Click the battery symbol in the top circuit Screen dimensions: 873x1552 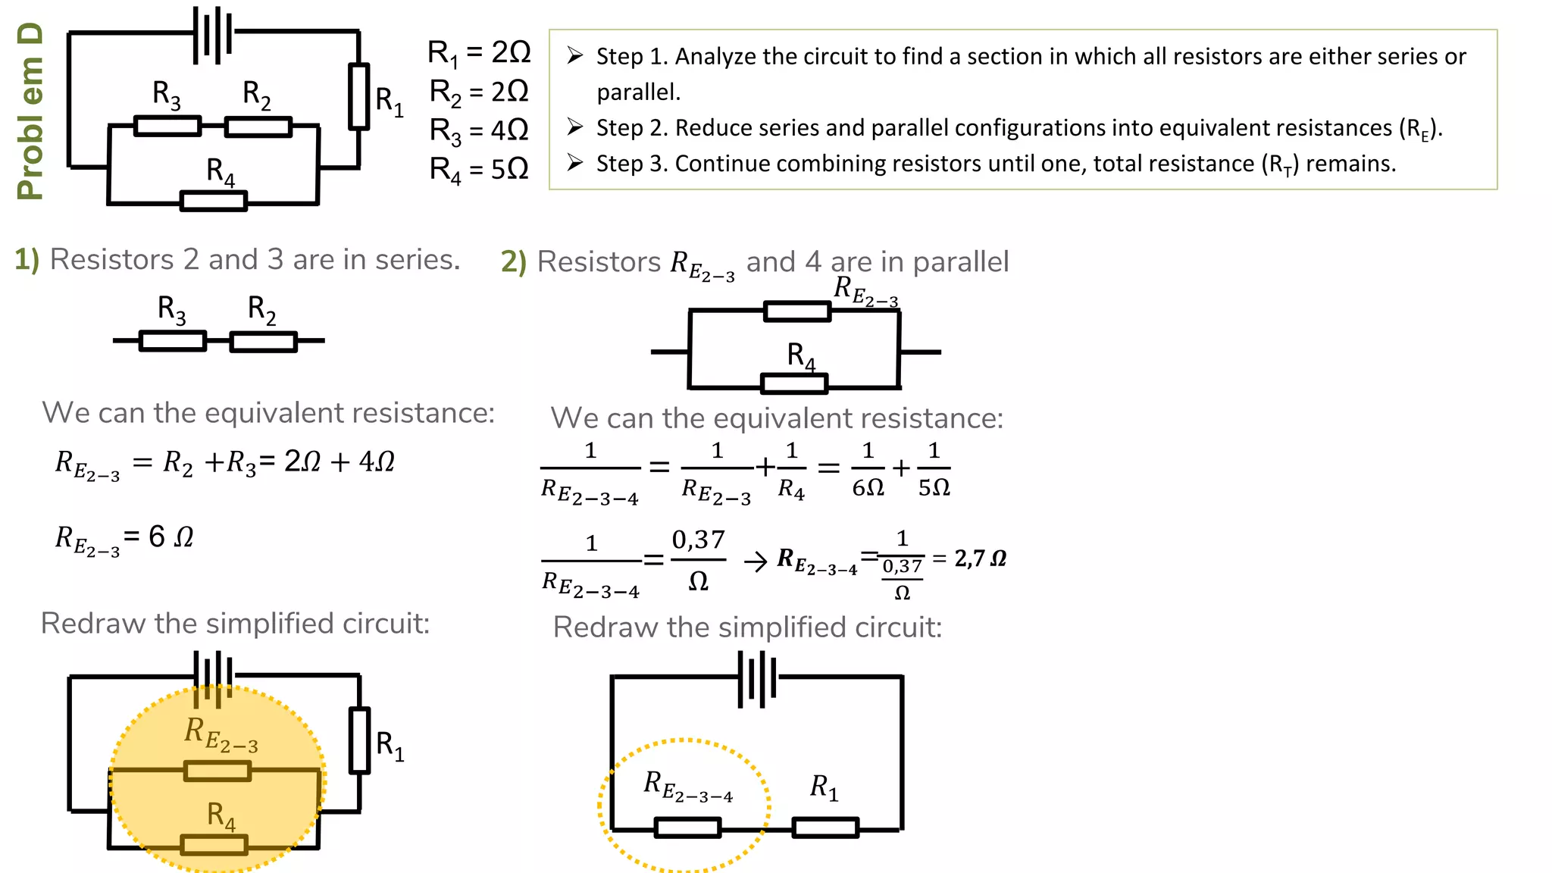coord(213,34)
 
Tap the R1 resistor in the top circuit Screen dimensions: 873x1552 coord(358,96)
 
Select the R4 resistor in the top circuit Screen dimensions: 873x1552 coord(214,201)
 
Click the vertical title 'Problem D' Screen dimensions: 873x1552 coord(30,111)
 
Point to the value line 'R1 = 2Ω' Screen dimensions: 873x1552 coord(479,53)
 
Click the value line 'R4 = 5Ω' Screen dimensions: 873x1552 coord(479,169)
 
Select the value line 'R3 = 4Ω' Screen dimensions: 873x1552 coord(479,130)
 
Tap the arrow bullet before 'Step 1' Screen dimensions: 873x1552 coord(575,55)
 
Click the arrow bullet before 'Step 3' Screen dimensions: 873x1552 coord(575,163)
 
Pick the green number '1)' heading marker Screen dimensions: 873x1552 coord(27,259)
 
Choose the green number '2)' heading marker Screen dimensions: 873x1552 coord(513,262)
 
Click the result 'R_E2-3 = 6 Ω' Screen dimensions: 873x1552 coord(124,539)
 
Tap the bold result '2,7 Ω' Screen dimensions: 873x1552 coord(981,559)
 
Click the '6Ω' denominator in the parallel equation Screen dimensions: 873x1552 coord(868,487)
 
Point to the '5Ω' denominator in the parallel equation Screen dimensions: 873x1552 coord(934,487)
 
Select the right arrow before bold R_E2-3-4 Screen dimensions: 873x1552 coord(756,562)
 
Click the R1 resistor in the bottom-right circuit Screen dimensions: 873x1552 coord(825,827)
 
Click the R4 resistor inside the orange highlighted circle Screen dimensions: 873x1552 coord(214,844)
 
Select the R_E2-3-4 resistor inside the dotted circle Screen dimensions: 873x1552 coord(687,827)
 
